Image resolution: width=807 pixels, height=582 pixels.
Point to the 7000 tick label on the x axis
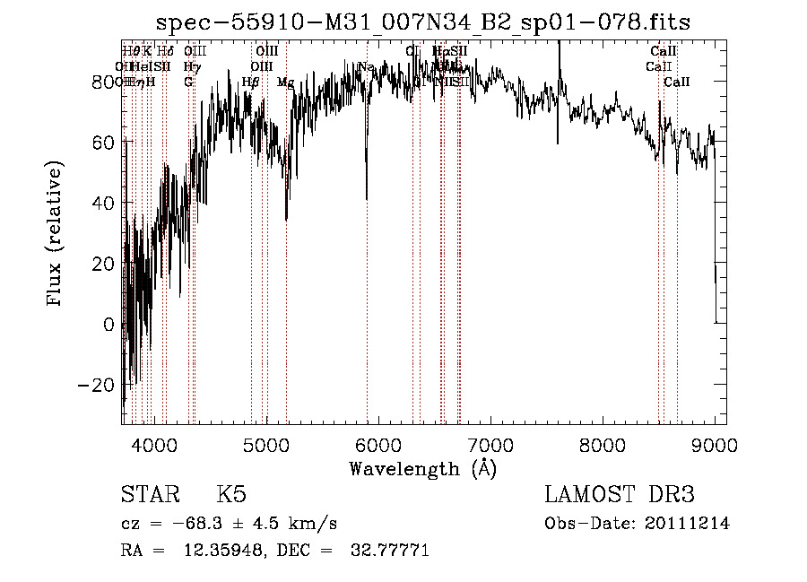point(490,443)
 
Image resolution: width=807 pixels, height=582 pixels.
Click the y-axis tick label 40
point(105,203)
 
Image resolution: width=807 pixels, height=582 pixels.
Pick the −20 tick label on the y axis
point(100,385)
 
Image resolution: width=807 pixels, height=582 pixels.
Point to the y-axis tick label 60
point(105,142)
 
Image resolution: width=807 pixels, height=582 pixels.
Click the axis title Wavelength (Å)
point(422,468)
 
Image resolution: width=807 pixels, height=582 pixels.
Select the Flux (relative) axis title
point(56,233)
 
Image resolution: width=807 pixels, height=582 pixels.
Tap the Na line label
point(366,67)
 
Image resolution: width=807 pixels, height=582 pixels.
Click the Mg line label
point(285,83)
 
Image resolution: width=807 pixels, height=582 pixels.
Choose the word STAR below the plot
point(149,495)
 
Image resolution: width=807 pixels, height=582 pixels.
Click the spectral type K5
point(231,495)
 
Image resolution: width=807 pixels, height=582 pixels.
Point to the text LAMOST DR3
point(620,495)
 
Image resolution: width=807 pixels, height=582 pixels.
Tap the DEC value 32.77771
point(388,550)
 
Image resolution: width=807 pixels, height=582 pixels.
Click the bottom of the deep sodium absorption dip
point(366,198)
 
